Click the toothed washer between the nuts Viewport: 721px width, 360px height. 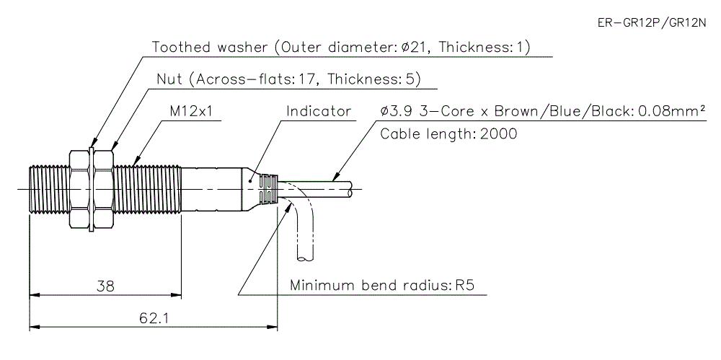(x=91, y=189)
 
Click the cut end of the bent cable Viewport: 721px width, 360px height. (x=306, y=257)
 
